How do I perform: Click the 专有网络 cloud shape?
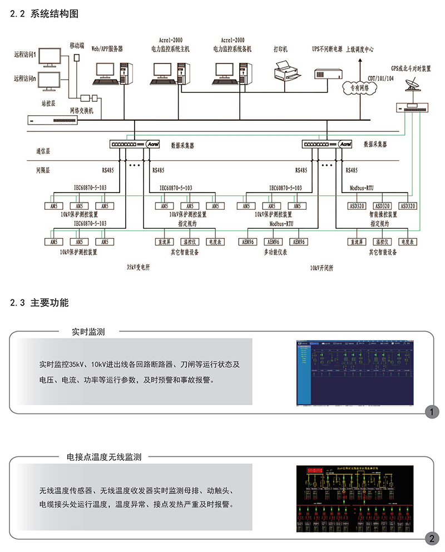[x=359, y=88]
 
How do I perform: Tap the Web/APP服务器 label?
[x=107, y=48]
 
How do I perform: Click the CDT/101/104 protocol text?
[x=380, y=78]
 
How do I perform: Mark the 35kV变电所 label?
[x=139, y=267]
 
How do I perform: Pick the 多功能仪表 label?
[x=275, y=252]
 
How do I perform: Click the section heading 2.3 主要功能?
[x=39, y=303]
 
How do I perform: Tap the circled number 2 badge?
[x=431, y=538]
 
